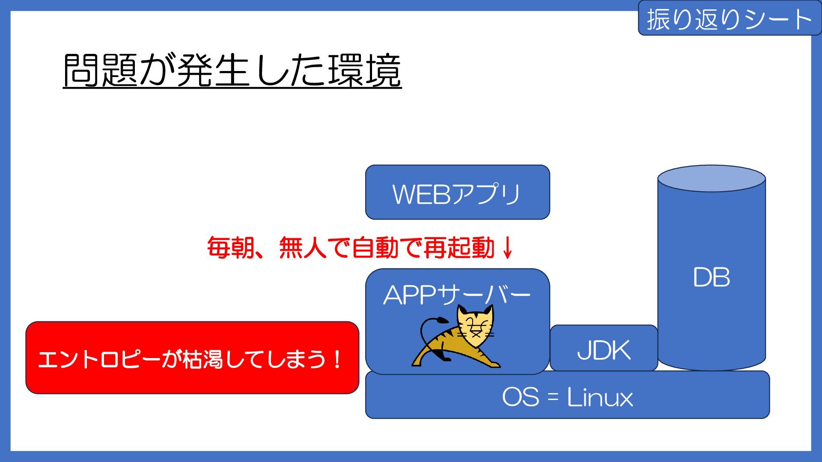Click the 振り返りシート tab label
pyautogui.click(x=729, y=19)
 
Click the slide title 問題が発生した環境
pyautogui.click(x=232, y=71)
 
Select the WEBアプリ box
pyautogui.click(x=457, y=192)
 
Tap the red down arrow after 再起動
pyautogui.click(x=507, y=248)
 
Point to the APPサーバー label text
pyautogui.click(x=457, y=294)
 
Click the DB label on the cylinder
pyautogui.click(x=711, y=277)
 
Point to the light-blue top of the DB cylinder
pyautogui.click(x=711, y=178)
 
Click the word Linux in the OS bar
pyautogui.click(x=600, y=397)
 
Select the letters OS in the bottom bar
pyautogui.click(x=520, y=397)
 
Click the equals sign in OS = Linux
pyautogui.click(x=553, y=397)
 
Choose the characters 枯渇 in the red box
pyautogui.click(x=201, y=359)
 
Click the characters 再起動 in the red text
pyautogui.click(x=459, y=248)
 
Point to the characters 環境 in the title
pyautogui.click(x=365, y=71)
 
